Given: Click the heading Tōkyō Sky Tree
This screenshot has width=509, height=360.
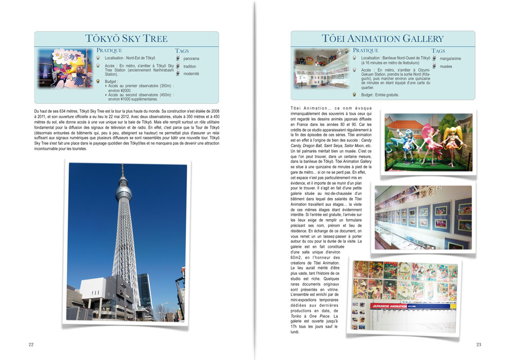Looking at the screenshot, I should tap(126, 39).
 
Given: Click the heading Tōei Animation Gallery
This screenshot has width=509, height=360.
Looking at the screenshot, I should tap(383, 39).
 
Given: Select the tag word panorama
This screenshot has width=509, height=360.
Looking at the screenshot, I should tap(191, 59).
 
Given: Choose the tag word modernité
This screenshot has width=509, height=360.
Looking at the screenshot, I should tap(191, 74).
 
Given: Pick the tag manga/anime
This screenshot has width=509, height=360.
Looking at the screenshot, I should tap(450, 59).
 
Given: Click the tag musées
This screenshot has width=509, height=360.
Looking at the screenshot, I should tap(446, 66).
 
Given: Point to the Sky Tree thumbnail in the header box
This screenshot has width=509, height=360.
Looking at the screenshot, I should tap(65, 68).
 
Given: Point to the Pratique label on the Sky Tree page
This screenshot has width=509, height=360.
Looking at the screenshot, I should tap(109, 50).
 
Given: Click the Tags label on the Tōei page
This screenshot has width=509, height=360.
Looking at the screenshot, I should tap(438, 51).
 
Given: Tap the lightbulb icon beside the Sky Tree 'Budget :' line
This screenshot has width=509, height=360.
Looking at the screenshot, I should tap(99, 81).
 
